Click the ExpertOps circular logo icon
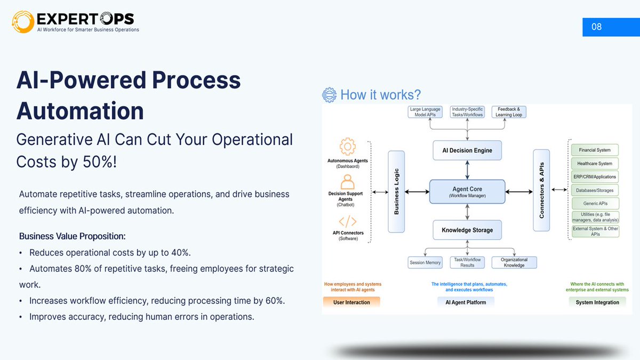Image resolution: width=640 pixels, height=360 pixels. (23, 21)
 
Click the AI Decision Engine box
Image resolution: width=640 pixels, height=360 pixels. (467, 150)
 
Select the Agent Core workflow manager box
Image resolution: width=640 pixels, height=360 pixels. (467, 191)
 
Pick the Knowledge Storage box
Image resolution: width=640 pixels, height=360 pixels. (467, 230)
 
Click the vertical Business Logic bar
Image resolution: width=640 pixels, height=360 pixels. (396, 191)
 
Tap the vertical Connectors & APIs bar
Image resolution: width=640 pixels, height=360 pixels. (541, 190)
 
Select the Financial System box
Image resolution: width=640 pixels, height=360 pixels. (595, 150)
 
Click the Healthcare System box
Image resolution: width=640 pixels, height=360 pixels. (595, 164)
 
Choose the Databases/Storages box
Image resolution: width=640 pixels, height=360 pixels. (595, 190)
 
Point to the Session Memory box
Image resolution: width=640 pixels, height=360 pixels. (425, 262)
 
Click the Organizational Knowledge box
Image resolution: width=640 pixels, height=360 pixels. (514, 262)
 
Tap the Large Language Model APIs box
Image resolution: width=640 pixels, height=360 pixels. (425, 111)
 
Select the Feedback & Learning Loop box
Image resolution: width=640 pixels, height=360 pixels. (509, 111)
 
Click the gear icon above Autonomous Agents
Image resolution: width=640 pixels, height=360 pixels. (347, 147)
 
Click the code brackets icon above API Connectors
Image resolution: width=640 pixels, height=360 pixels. (347, 221)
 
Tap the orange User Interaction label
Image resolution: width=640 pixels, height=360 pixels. (351, 302)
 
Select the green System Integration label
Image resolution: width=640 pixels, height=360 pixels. (597, 302)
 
